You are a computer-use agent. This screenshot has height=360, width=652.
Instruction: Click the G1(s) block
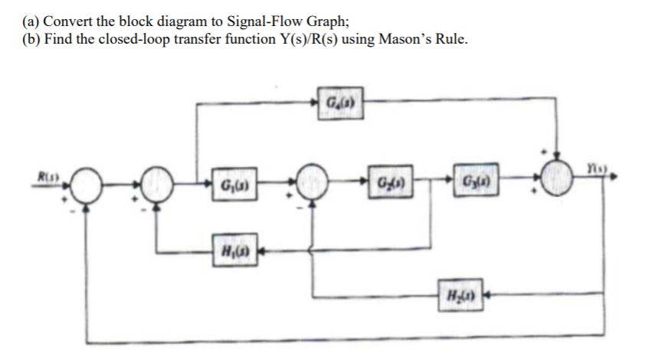pos(231,186)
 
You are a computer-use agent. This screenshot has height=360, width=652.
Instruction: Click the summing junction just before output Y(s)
pos(562,186)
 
